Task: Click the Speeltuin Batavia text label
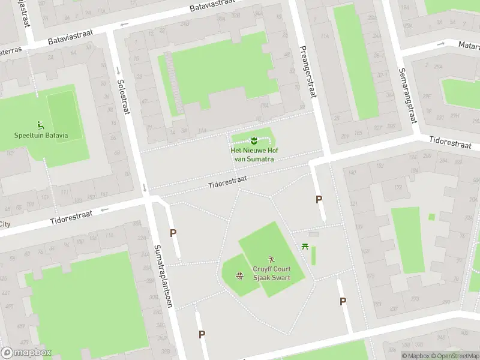click(41, 135)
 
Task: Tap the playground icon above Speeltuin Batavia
click(41, 125)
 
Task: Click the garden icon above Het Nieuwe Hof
click(253, 140)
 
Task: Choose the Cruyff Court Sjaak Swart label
click(271, 274)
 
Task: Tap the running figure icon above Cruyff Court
click(271, 259)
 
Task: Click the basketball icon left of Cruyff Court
click(239, 275)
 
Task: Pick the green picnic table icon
click(306, 245)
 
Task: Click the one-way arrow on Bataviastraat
click(125, 25)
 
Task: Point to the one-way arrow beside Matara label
click(441, 44)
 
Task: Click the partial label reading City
click(5, 224)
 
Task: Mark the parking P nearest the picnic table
click(319, 200)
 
